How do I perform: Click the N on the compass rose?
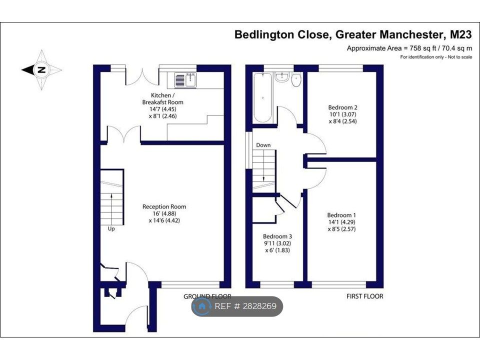tap(41, 70)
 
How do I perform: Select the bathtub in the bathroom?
tap(262, 97)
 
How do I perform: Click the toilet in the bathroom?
tap(296, 79)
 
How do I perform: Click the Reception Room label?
tap(164, 206)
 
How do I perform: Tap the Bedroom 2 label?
tap(342, 107)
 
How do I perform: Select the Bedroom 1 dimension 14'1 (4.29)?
tap(341, 222)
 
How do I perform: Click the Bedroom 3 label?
tap(277, 236)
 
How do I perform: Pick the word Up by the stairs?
tap(111, 228)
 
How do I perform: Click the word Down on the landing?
tap(263, 145)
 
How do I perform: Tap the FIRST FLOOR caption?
tap(364, 296)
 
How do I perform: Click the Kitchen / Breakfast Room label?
tap(162, 98)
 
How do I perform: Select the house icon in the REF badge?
tap(201, 306)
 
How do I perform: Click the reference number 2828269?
tap(260, 306)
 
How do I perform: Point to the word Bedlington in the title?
tap(264, 34)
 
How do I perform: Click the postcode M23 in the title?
tap(460, 34)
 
